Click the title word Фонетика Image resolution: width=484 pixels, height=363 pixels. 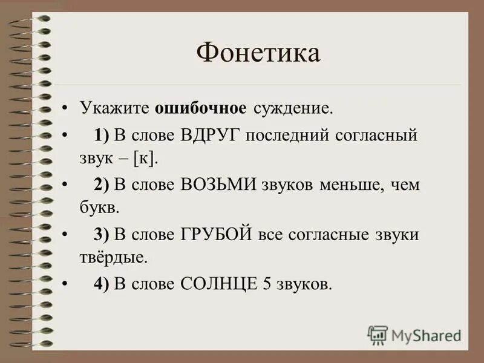[258, 54]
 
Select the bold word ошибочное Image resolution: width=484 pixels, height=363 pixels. [200, 108]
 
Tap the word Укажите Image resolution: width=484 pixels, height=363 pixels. [116, 108]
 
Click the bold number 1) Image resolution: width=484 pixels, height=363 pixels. [101, 134]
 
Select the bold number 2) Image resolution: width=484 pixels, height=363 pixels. [101, 185]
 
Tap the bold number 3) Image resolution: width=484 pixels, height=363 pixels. [101, 235]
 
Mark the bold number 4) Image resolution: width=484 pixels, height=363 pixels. [101, 284]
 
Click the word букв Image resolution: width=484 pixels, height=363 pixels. [99, 208]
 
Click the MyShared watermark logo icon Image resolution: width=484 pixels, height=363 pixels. [378, 335]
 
